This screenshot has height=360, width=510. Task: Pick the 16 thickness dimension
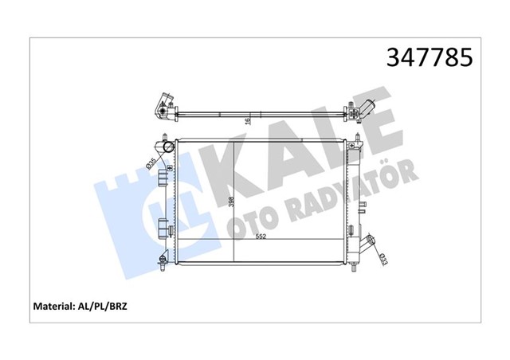[x=249, y=120]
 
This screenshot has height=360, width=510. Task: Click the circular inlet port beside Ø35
[x=167, y=149]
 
